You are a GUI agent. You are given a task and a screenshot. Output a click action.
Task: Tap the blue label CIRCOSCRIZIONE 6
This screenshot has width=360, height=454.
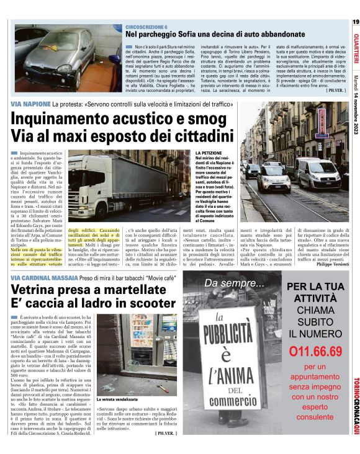coord(146,28)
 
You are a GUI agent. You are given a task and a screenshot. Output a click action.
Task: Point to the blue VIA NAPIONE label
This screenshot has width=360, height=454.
coord(31,104)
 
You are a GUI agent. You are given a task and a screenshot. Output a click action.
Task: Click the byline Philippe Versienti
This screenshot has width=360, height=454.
coord(325,264)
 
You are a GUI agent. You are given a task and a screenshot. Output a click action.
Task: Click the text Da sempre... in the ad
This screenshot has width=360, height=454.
coord(233,285)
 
